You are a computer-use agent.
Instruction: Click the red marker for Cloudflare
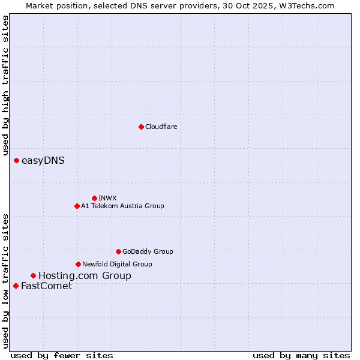point(141,127)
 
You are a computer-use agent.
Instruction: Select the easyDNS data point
point(16,160)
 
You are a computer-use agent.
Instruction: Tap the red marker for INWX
point(94,198)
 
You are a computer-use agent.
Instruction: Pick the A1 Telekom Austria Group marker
point(77,206)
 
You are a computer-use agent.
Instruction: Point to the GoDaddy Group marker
point(118,251)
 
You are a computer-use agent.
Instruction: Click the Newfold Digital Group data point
point(78,264)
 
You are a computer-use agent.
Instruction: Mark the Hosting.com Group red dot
point(33,275)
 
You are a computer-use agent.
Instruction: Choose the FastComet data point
point(16,286)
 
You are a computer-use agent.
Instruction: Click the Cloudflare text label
point(161,127)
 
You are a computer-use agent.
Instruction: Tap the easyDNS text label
point(43,160)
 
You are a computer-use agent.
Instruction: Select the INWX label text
point(107,198)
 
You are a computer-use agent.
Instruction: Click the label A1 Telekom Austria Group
point(122,206)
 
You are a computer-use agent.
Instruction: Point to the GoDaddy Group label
point(148,251)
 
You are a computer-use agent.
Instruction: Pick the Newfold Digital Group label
point(117,264)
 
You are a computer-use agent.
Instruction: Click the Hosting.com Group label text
point(85,275)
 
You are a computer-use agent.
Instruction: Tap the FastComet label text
point(46,286)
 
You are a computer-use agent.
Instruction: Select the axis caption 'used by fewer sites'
point(62,355)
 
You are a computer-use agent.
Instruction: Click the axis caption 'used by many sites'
point(301,355)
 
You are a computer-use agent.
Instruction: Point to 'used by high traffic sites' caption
point(5,86)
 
